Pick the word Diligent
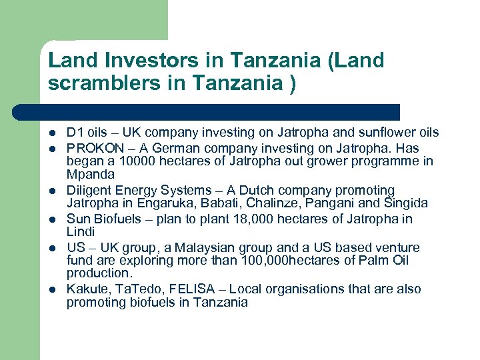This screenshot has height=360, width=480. coord(89,190)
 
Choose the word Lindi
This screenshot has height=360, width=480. coord(81,231)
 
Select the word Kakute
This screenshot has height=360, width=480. coord(85,289)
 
